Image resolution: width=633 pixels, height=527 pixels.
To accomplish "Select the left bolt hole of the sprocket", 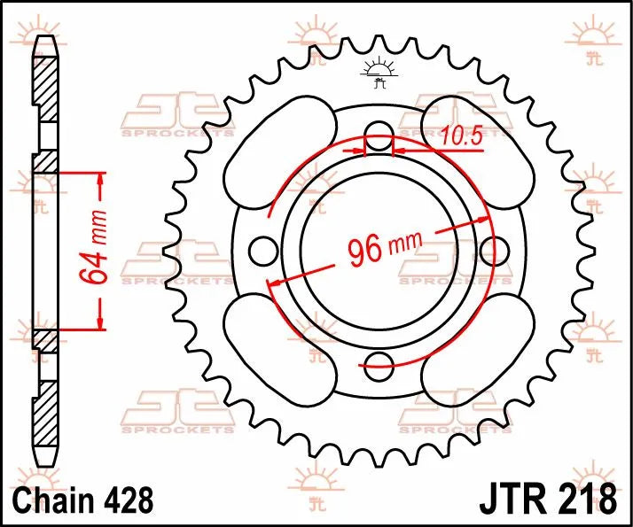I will coord(262,252).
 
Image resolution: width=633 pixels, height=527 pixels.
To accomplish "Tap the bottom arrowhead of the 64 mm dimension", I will coord(101,322).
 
